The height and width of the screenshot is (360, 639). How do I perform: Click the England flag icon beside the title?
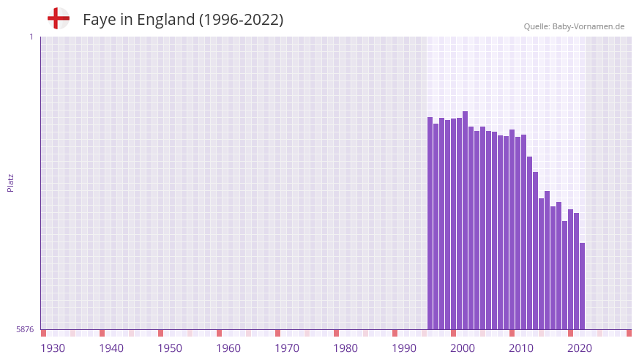(x=59, y=18)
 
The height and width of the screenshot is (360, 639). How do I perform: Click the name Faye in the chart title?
(x=99, y=20)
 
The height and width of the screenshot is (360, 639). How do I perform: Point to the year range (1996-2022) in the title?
(x=241, y=20)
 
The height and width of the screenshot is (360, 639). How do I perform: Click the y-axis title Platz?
(x=10, y=183)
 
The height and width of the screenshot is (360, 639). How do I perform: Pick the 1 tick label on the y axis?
(x=31, y=37)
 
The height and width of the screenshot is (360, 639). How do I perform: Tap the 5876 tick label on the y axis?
(x=25, y=329)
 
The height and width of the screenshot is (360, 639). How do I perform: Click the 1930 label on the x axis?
(x=53, y=348)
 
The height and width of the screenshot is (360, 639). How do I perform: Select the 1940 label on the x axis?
(x=111, y=348)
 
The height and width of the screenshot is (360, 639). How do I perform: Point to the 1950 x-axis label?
(x=170, y=348)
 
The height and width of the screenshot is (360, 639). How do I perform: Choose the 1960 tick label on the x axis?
(x=228, y=348)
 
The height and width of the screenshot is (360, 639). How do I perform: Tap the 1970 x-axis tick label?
(x=287, y=348)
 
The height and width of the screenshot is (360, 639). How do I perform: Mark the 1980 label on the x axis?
(x=345, y=348)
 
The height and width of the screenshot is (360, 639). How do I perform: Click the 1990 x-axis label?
(x=404, y=348)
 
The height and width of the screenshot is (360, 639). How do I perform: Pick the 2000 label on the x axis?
(x=463, y=348)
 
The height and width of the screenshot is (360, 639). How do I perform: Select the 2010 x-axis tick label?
(x=521, y=348)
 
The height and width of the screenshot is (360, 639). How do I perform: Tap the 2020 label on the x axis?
(x=580, y=348)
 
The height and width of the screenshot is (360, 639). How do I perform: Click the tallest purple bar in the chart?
(x=466, y=220)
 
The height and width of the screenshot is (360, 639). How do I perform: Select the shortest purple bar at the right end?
(x=583, y=285)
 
